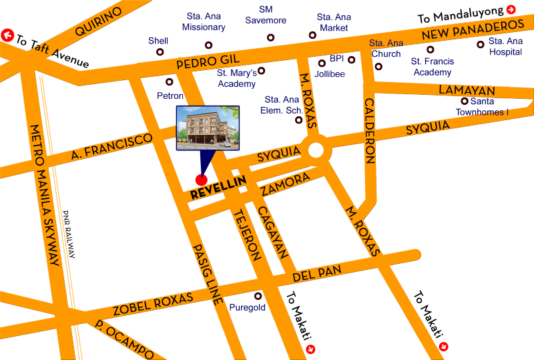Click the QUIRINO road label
(99, 22)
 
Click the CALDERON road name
(369, 130)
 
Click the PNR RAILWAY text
(69, 234)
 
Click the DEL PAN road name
(317, 273)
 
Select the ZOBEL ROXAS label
(154, 304)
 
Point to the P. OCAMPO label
(125, 339)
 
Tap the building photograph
(208, 127)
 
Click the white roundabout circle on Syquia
(315, 148)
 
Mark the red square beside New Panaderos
(511, 9)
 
